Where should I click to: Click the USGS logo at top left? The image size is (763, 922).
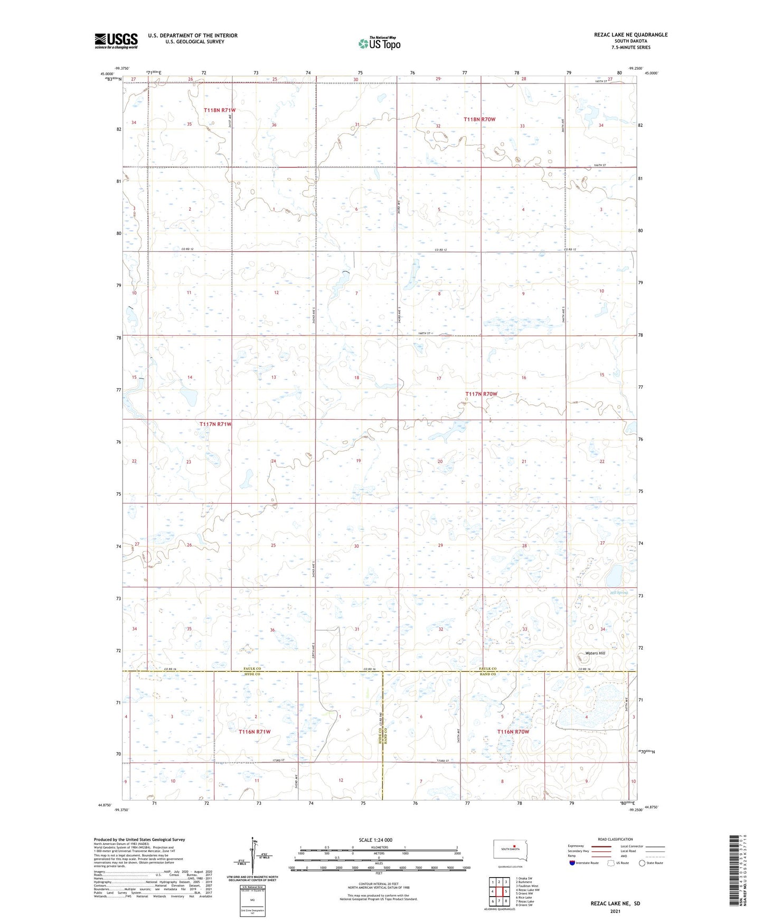[x=116, y=41]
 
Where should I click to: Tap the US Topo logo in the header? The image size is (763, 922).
[x=379, y=43]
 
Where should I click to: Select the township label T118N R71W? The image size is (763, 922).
[x=220, y=110]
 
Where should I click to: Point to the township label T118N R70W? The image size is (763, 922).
[x=479, y=119]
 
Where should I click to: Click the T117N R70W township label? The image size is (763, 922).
[x=481, y=394]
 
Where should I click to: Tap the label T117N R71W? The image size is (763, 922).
[x=215, y=424]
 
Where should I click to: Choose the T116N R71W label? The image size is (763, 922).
[x=255, y=731]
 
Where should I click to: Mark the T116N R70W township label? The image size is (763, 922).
[x=513, y=731]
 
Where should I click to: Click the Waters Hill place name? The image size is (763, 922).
[x=595, y=653]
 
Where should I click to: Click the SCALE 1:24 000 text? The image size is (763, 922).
[x=375, y=840]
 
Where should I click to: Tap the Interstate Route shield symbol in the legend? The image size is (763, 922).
[x=572, y=863]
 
